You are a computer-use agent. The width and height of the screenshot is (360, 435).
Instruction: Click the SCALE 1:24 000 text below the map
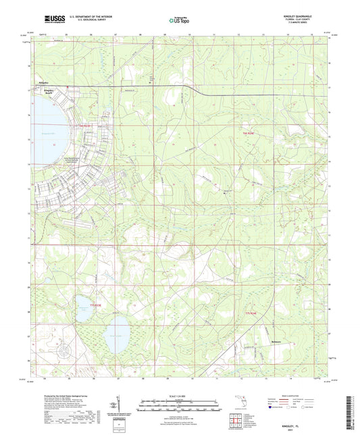pyautogui.click(x=179, y=397)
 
